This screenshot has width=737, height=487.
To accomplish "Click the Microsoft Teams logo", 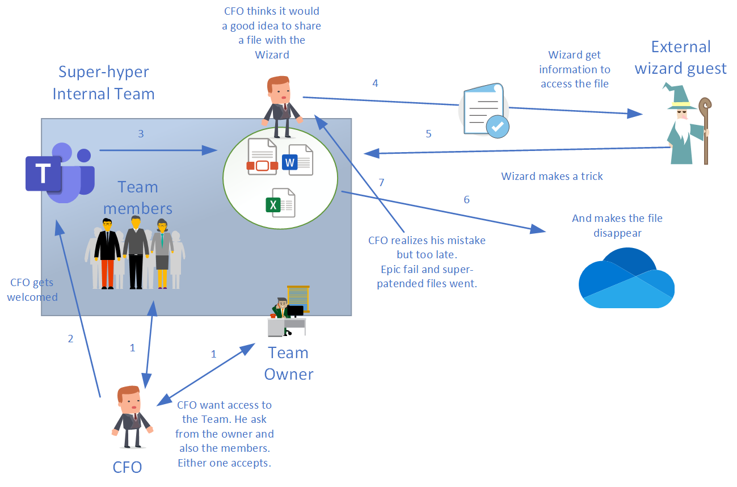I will tap(59, 173).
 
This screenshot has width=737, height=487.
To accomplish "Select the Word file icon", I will tap(298, 160).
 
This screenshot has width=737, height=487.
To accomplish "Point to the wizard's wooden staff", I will tap(705, 131).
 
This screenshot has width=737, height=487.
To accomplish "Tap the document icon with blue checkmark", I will tap(484, 110).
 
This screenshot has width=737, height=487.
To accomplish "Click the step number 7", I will tap(381, 182).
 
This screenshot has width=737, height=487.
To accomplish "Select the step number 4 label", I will tap(375, 83).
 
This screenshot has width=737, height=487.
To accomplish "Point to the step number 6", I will tap(467, 200).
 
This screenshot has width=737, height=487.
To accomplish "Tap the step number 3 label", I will tap(141, 135).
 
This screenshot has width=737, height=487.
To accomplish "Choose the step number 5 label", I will tap(428, 134).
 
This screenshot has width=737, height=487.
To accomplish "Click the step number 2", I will tap(70, 339).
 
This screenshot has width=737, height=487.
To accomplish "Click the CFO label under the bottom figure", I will tap(127, 467).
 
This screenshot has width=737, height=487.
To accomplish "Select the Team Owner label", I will tap(288, 363).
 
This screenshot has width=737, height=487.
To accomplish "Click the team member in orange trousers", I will tap(107, 253).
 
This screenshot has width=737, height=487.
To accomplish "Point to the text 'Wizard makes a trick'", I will tap(552, 177).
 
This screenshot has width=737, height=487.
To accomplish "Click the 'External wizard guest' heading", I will tap(680, 57).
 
